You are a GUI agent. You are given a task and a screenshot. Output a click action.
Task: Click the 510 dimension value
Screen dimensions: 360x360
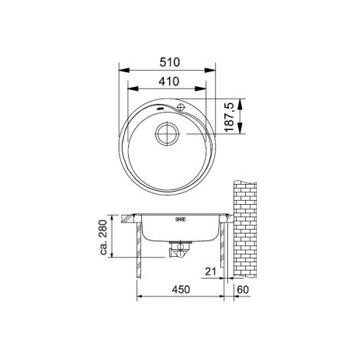(x=169, y=62)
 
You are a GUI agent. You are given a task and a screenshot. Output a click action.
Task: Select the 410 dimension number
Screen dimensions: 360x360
(x=169, y=81)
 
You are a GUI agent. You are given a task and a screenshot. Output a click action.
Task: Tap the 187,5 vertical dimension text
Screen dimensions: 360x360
(x=229, y=117)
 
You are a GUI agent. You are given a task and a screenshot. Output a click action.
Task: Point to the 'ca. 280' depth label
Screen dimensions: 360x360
(x=103, y=237)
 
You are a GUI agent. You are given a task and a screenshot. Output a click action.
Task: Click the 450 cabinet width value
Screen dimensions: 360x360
(x=181, y=289)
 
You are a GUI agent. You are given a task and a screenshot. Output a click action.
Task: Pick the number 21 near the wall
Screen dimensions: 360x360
(x=210, y=272)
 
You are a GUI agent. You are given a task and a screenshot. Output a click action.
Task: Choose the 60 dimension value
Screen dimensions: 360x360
(x=243, y=289)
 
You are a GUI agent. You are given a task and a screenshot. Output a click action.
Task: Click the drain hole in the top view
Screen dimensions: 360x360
(x=168, y=133)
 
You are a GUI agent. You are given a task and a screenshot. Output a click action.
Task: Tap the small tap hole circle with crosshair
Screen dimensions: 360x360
(x=180, y=106)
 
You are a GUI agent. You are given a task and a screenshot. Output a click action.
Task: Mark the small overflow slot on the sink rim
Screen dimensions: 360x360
(x=161, y=108)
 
